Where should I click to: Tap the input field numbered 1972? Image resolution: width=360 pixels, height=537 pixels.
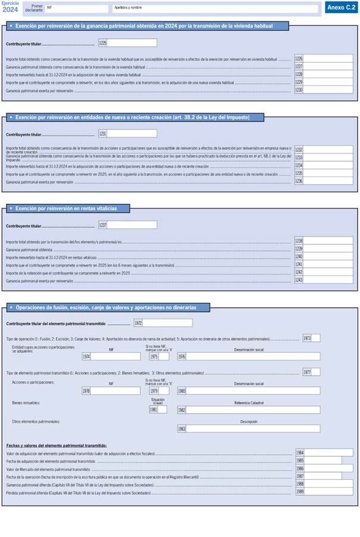tap(167, 323)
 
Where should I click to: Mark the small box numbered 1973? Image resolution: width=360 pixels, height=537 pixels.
tap(316, 338)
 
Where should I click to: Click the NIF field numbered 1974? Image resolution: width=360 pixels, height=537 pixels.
tap(115, 357)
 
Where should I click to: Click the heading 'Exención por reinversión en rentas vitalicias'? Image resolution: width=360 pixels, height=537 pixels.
tap(66, 208)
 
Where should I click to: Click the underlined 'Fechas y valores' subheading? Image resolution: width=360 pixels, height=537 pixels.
tap(57, 445)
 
